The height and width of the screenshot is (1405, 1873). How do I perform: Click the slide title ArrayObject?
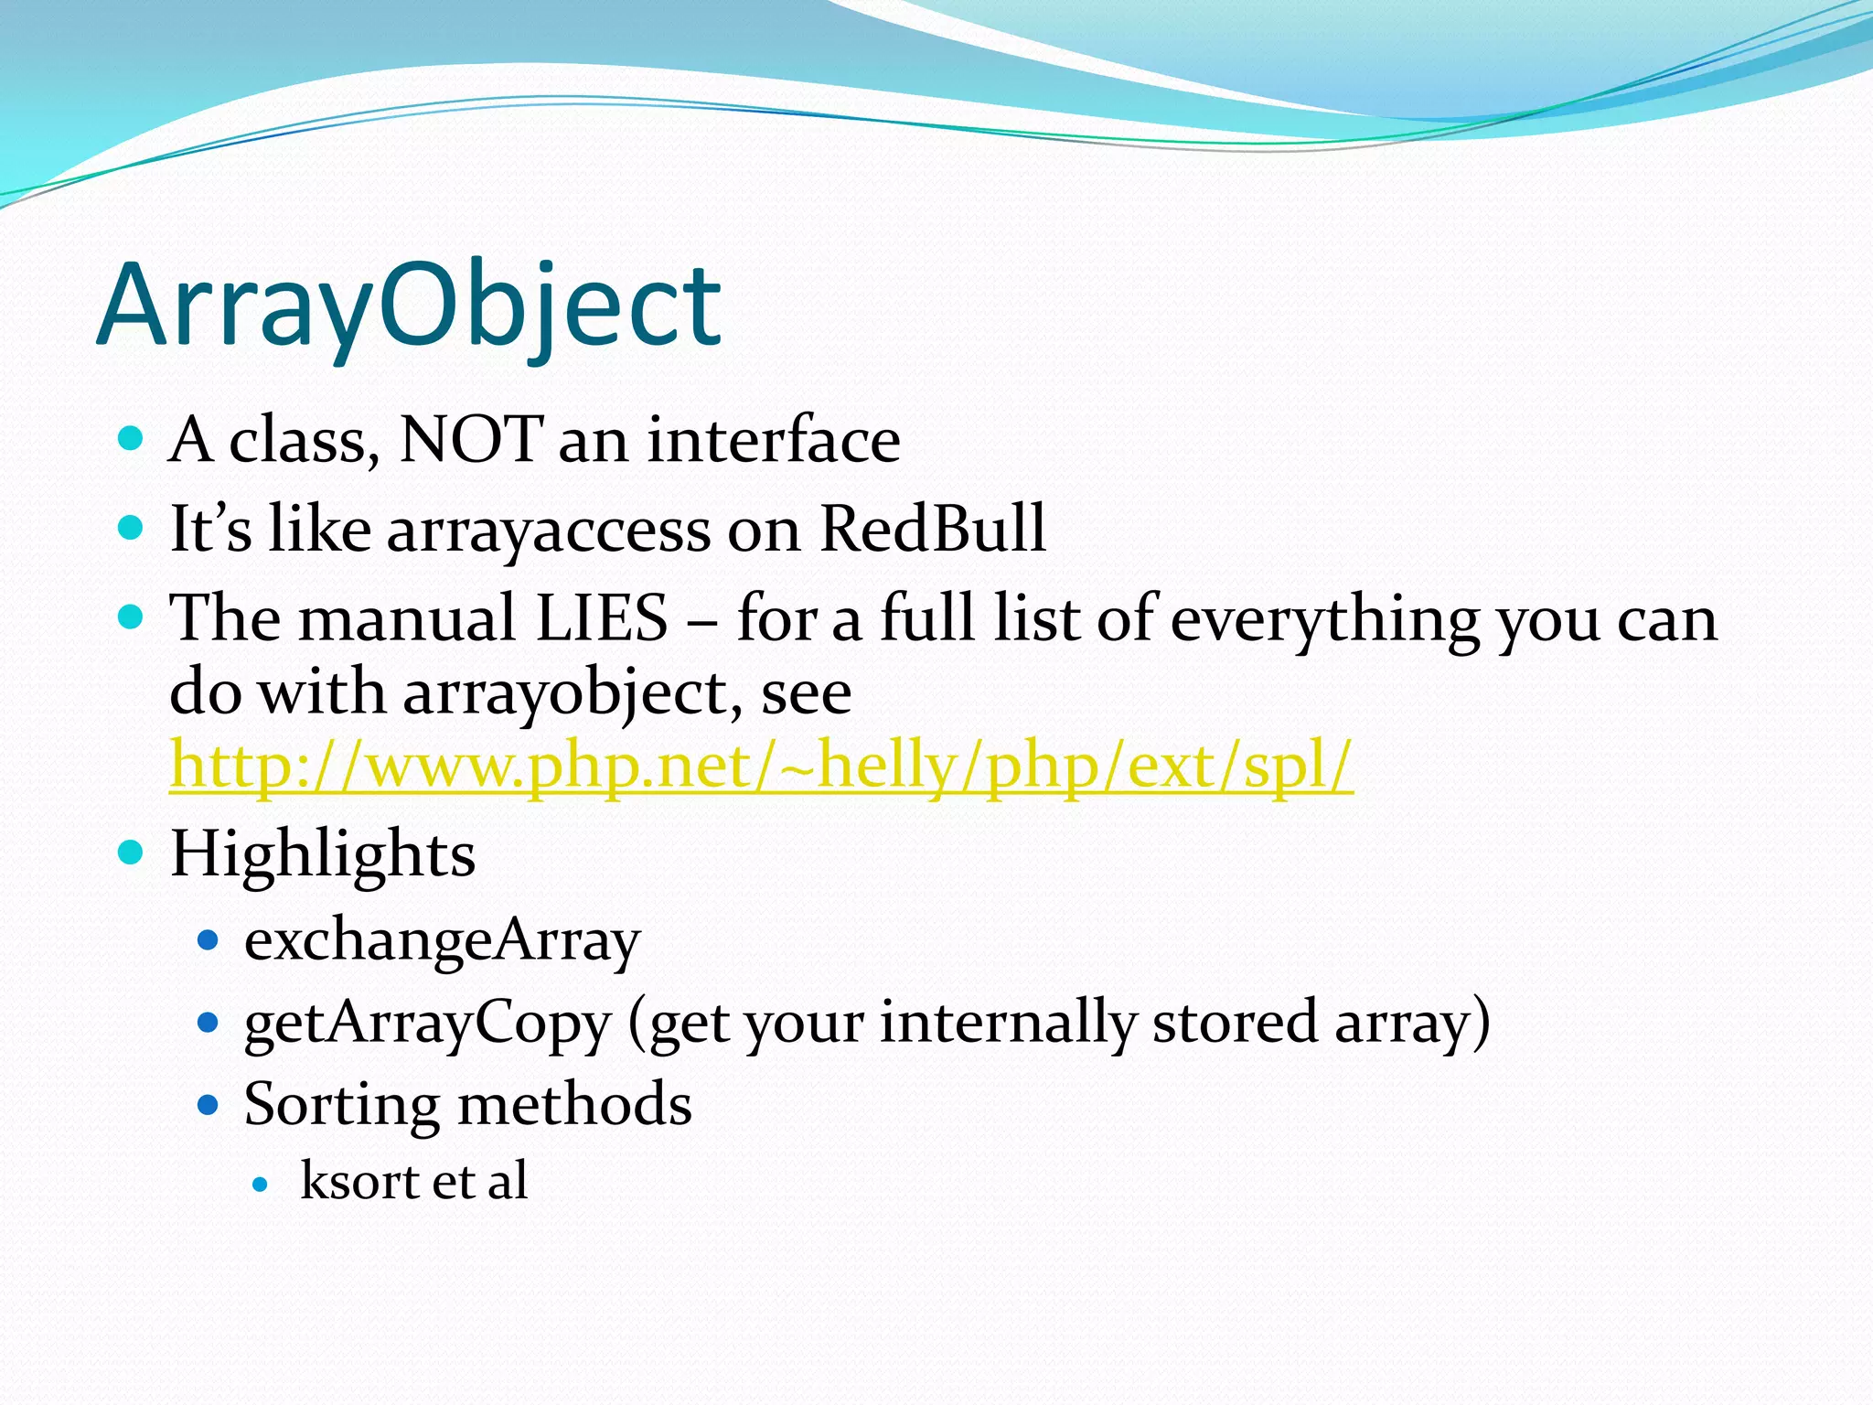tap(409, 306)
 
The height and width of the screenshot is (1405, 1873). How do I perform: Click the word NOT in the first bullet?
tap(471, 441)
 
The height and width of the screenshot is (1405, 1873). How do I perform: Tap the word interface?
tap(774, 441)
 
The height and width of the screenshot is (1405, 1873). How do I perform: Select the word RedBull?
tap(932, 529)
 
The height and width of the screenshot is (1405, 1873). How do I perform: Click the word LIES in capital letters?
tap(602, 618)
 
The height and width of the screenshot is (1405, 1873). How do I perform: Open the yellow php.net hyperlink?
tap(761, 767)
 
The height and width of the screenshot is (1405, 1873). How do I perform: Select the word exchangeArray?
tap(442, 940)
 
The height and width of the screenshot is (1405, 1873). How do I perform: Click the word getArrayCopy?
tap(427, 1023)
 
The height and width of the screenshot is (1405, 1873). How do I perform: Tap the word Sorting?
tap(341, 1104)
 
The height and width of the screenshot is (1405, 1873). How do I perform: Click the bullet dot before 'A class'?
tap(132, 439)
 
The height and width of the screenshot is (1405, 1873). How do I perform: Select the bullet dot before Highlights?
tap(132, 853)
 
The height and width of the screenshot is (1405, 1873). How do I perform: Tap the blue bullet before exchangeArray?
tap(209, 939)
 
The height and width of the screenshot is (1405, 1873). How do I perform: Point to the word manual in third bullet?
tap(407, 618)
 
